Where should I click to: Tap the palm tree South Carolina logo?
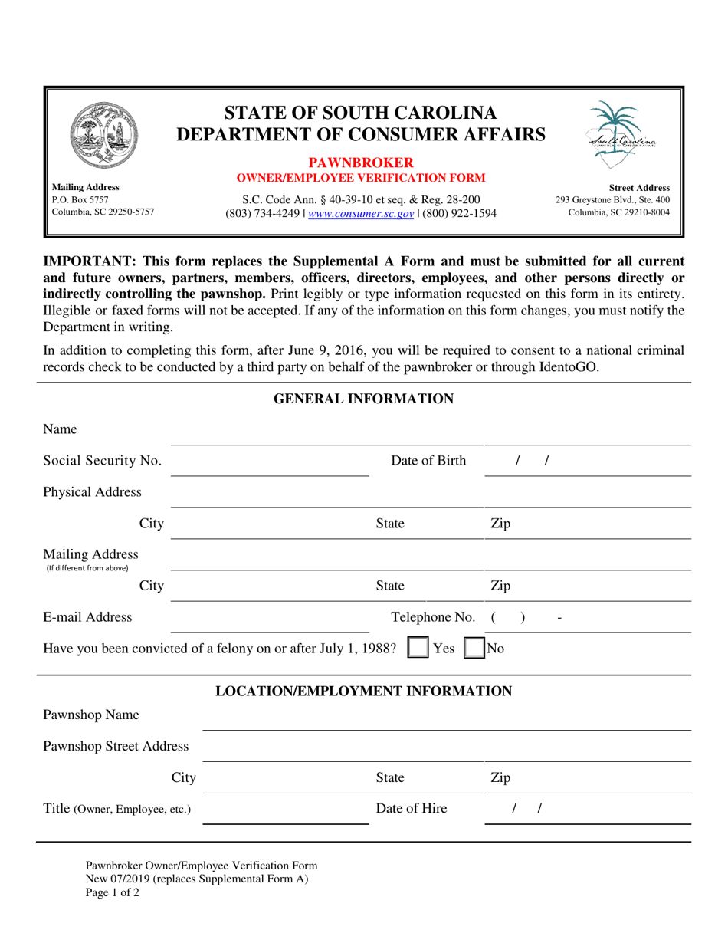click(621, 136)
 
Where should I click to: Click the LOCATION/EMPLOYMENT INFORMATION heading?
click(364, 692)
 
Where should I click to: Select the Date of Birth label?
click(428, 461)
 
